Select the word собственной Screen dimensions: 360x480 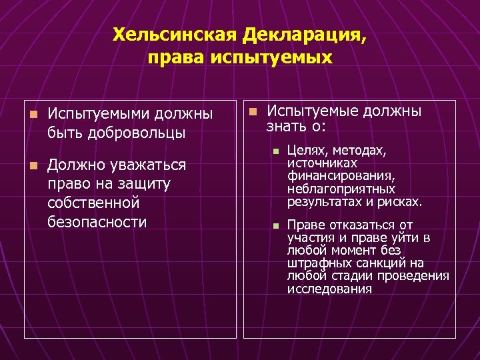coord(93,202)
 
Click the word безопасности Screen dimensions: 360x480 coord(97,221)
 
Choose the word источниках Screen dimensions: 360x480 coord(322,163)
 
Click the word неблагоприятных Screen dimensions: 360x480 coord(341,189)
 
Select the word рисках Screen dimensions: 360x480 coord(400,201)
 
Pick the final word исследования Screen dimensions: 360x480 coord(329,289)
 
